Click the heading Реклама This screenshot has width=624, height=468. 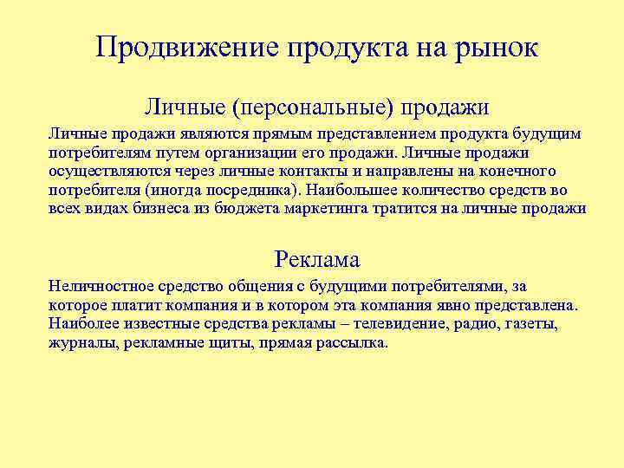(x=316, y=258)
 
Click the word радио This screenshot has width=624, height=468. (x=505, y=323)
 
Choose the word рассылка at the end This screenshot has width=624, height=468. (x=353, y=342)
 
